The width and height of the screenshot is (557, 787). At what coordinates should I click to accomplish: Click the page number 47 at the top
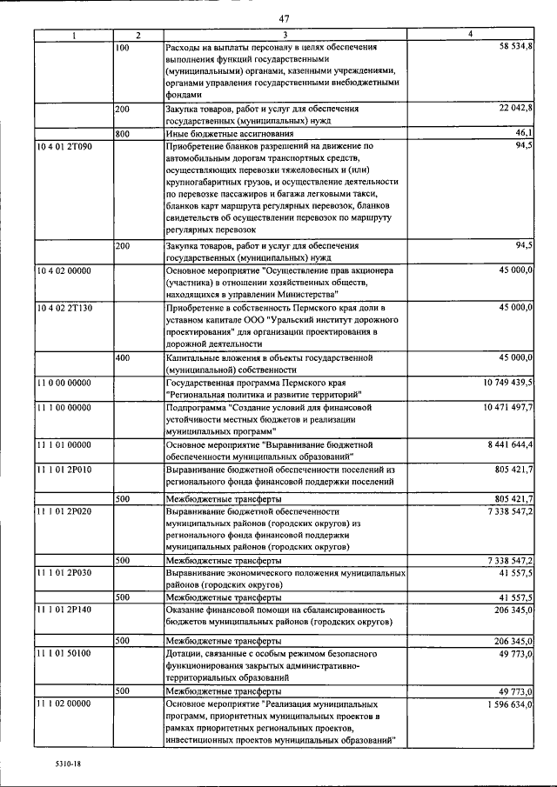pos(284,19)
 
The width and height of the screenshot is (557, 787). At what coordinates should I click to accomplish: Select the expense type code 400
pos(123,357)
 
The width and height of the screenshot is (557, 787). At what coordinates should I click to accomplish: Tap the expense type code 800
pos(123,133)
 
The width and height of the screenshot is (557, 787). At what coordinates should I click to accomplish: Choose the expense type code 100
pos(123,46)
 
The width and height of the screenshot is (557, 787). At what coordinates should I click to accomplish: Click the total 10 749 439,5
pos(508,382)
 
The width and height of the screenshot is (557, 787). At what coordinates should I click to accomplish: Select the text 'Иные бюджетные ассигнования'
pos(229,134)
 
